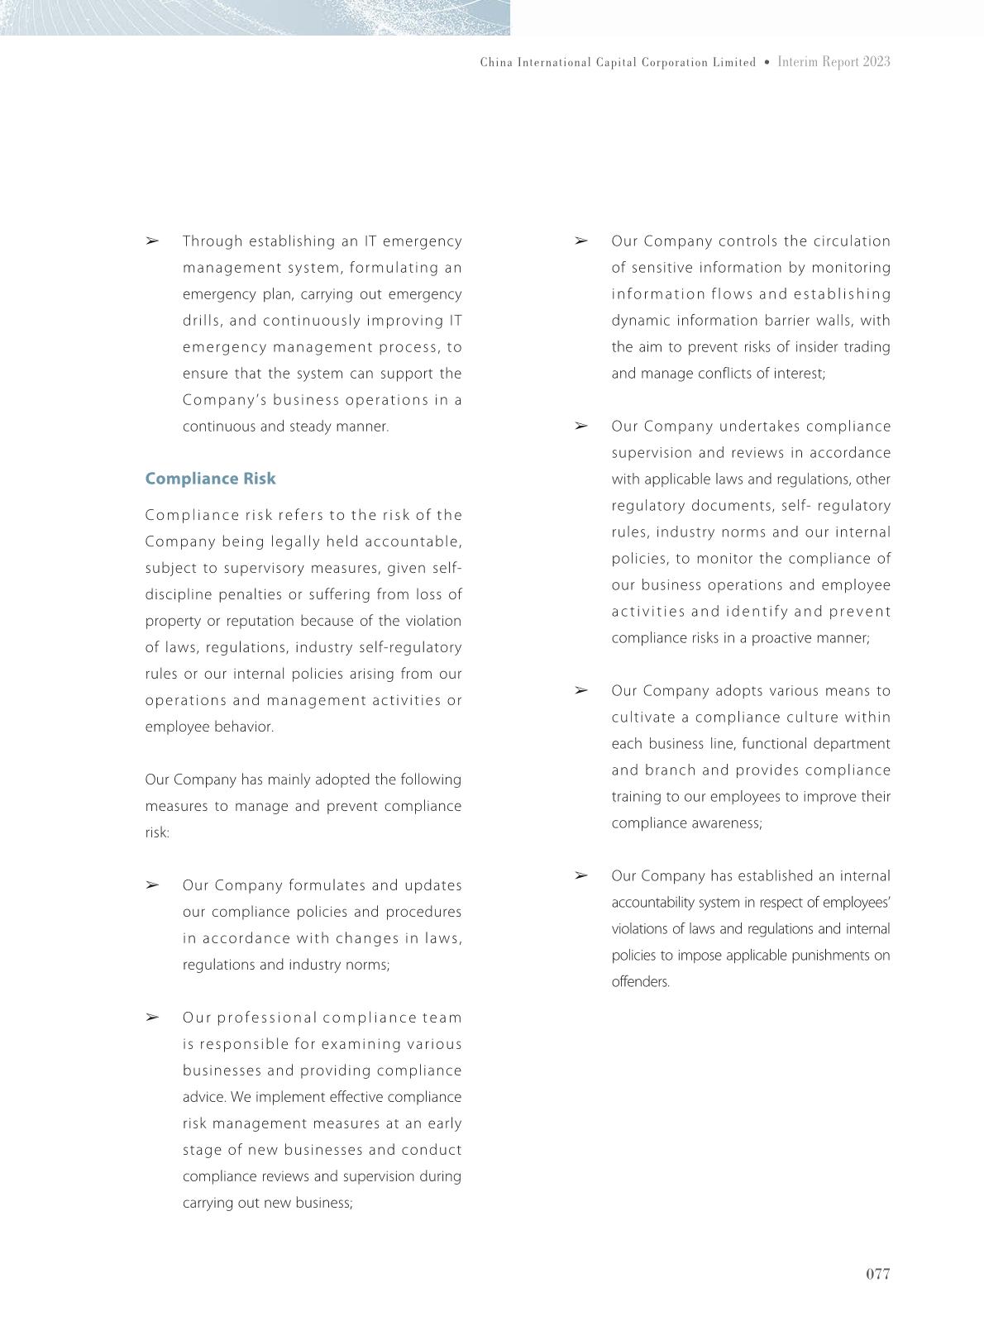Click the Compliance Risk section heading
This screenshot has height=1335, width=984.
(x=210, y=479)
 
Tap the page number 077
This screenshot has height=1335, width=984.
(x=877, y=1274)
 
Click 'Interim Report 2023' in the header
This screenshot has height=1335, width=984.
(x=834, y=62)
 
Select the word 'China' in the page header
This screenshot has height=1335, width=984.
(x=496, y=63)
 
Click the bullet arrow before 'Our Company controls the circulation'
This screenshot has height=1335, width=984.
(x=580, y=241)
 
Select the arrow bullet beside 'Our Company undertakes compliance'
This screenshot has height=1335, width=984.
(x=580, y=426)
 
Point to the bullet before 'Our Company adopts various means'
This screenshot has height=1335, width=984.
(x=580, y=690)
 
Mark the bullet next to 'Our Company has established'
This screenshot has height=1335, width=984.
(x=580, y=875)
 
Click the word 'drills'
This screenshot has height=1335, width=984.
(x=201, y=321)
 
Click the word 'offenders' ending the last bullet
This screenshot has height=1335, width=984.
(x=639, y=982)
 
